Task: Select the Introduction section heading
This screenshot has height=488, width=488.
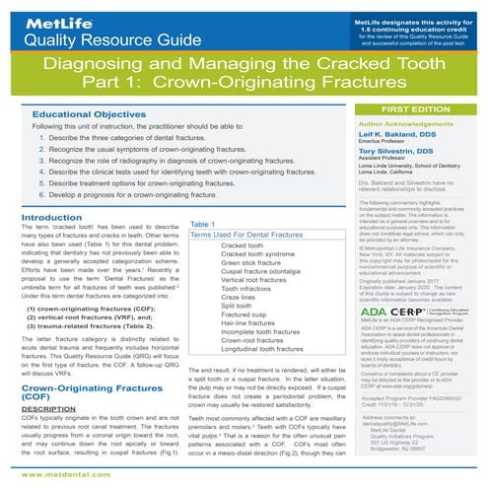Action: (44, 217)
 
